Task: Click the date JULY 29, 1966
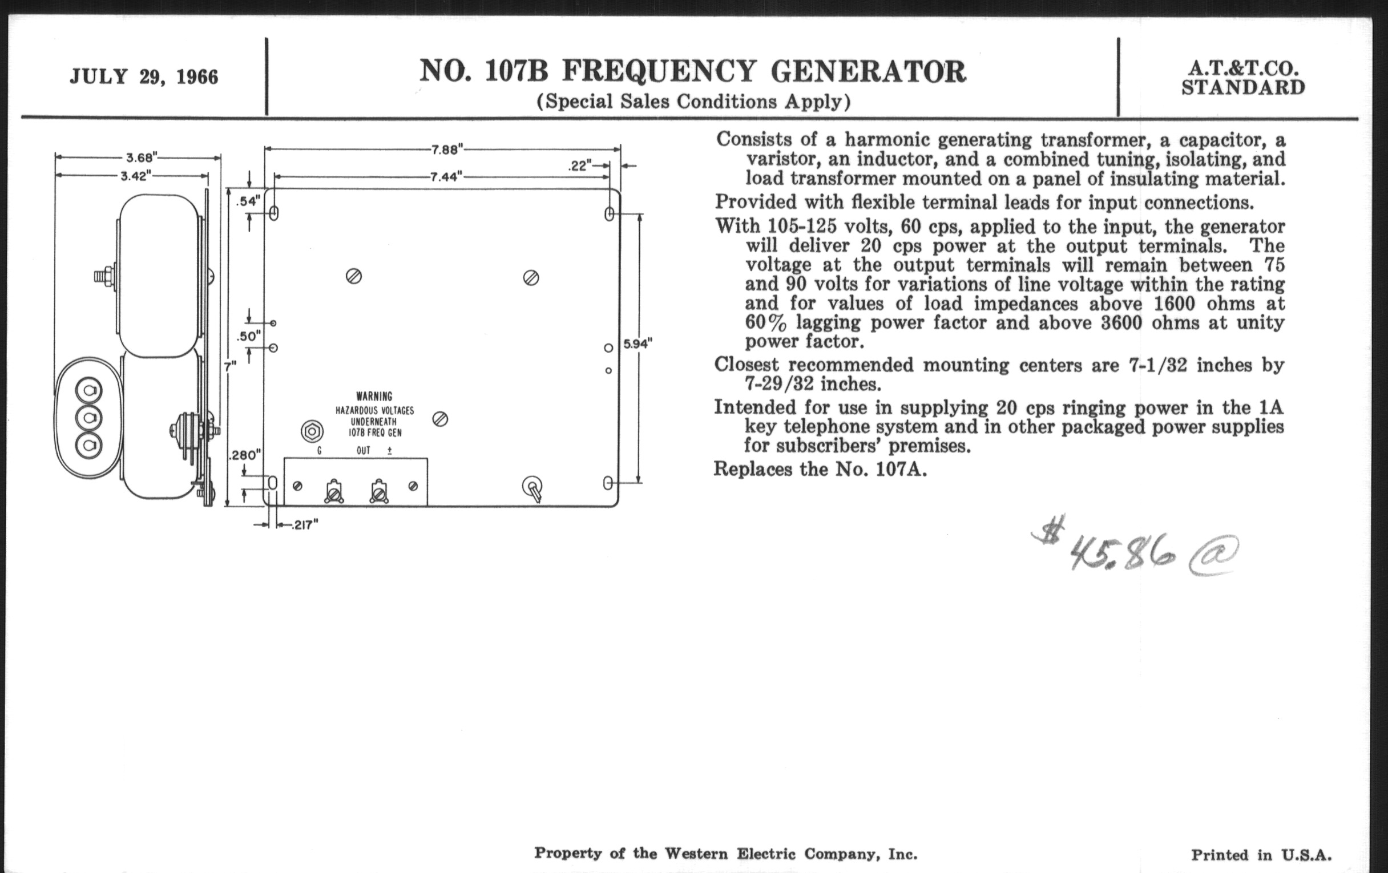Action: (144, 77)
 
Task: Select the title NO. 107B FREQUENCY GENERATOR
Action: (692, 72)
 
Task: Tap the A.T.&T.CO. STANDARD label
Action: (1243, 78)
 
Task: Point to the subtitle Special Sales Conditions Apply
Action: (693, 102)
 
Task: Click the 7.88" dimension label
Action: (448, 150)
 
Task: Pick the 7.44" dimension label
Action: (447, 177)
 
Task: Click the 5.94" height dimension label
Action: (638, 344)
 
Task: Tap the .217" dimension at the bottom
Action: (305, 526)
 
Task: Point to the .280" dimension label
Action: (245, 456)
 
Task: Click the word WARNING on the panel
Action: (374, 397)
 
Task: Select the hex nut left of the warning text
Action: (312, 431)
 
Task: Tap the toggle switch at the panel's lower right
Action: (533, 489)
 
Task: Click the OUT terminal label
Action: (363, 451)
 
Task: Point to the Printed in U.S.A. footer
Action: (1261, 855)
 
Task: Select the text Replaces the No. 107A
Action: (820, 469)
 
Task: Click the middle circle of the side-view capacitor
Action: (89, 417)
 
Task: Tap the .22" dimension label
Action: (580, 167)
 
